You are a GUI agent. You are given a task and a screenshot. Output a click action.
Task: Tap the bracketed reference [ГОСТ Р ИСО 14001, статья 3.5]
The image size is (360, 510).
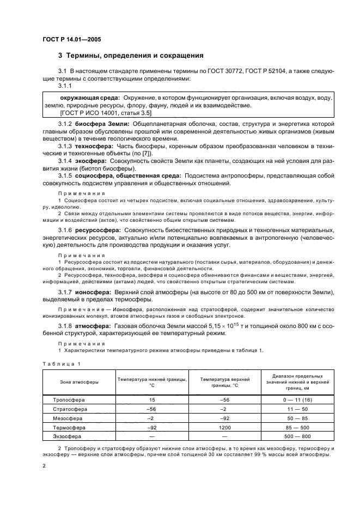click(106, 113)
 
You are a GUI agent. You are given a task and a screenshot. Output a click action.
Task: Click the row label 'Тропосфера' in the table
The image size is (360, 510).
click(69, 400)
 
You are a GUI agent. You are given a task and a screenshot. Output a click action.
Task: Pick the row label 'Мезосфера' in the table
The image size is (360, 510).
click(68, 418)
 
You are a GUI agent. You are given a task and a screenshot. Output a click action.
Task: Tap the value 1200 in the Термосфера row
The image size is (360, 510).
click(224, 428)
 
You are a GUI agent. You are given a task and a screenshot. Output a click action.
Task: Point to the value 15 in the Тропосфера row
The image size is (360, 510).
click(152, 400)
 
